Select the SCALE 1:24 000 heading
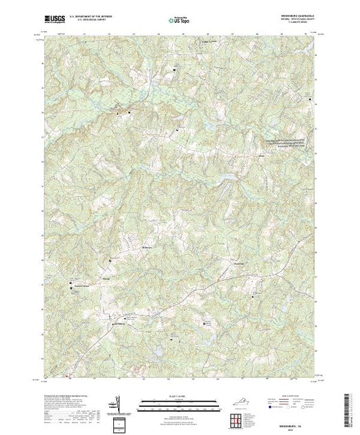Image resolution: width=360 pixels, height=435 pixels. pyautogui.click(x=179, y=396)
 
